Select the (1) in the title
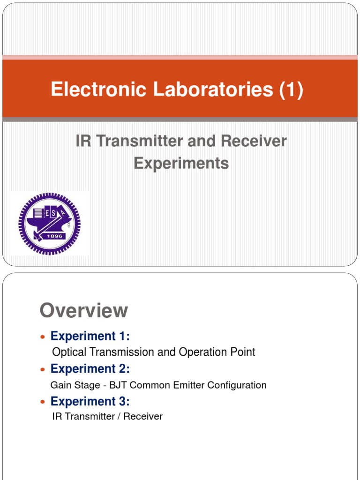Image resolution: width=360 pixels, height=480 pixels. pyautogui.click(x=291, y=90)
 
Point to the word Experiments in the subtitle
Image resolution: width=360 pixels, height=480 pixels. pyautogui.click(x=181, y=163)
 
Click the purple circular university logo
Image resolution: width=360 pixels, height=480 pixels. pyautogui.click(x=49, y=223)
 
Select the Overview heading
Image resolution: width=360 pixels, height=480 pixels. pyautogui.click(x=84, y=310)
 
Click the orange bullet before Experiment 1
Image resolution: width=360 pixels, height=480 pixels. pyautogui.click(x=43, y=337)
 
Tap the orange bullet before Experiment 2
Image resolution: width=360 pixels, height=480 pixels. pyautogui.click(x=43, y=370)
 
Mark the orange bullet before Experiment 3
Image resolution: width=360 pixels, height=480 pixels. pyautogui.click(x=43, y=402)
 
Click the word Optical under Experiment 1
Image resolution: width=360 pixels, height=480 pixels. pyautogui.click(x=69, y=352)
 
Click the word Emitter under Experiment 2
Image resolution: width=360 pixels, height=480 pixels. pyautogui.click(x=189, y=385)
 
